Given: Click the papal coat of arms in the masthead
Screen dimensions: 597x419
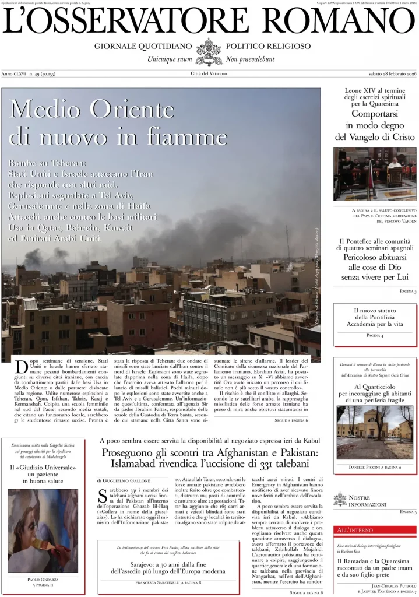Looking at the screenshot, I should tap(209, 51).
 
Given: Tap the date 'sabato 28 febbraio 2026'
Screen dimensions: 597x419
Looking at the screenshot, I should tap(385, 73).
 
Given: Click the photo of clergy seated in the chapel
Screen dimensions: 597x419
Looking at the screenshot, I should tap(375, 174).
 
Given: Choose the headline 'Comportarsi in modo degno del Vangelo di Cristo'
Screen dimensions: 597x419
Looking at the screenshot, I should tap(375, 125).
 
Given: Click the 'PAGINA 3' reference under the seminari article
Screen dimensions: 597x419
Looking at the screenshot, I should tap(407, 290).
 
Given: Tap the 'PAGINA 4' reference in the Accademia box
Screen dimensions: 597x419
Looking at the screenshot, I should tap(375, 336).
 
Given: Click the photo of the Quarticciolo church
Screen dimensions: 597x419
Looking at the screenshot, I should tap(375, 432).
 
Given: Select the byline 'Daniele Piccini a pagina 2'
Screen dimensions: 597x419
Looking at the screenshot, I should tap(375, 467).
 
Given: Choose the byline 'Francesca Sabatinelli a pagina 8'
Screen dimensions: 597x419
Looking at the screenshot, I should tap(168, 582).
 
